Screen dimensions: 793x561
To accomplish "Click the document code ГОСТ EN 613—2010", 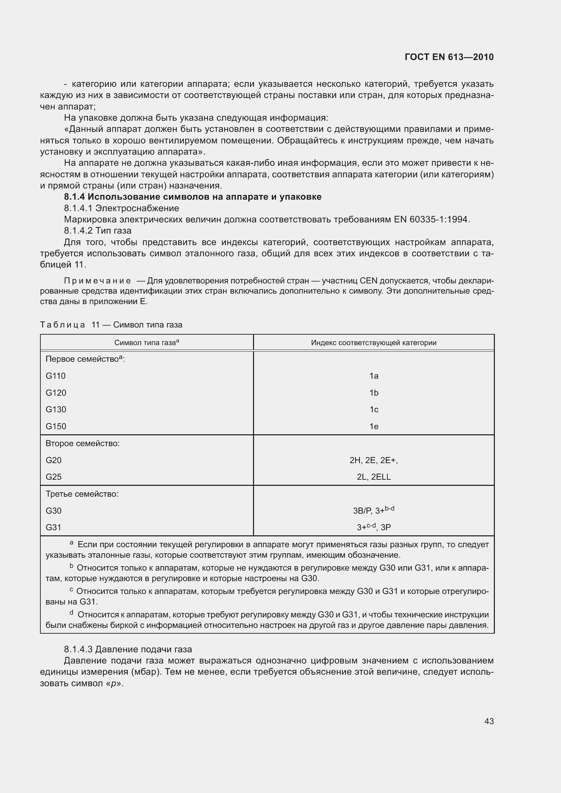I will (x=449, y=57).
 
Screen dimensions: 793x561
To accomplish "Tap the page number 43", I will (x=489, y=721).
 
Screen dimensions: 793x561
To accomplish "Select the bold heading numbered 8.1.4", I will (x=193, y=197).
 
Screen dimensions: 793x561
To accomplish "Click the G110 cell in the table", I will (x=56, y=376).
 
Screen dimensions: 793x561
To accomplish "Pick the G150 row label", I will (x=56, y=426).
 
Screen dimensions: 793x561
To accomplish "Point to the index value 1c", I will (x=374, y=409).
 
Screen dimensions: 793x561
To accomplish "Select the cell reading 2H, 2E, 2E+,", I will (x=373, y=460).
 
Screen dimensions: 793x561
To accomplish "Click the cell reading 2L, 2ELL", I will (x=373, y=477).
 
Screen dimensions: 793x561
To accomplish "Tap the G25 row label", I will (x=54, y=477).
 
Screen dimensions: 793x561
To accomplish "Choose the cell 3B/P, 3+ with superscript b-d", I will (x=373, y=511).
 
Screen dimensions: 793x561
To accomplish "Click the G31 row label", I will (x=54, y=528).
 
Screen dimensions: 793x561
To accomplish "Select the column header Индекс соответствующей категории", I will (x=373, y=343).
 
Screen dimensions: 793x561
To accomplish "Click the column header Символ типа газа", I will (x=147, y=343).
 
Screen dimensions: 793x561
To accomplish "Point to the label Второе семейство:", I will (x=82, y=443).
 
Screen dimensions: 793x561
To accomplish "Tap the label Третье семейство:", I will (x=82, y=494).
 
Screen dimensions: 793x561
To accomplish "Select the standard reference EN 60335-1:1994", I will (x=431, y=219).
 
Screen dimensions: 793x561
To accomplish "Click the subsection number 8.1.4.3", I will (x=78, y=649).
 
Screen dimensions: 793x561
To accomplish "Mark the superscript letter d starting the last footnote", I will (x=72, y=613).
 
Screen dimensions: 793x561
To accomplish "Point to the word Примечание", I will (x=97, y=280).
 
